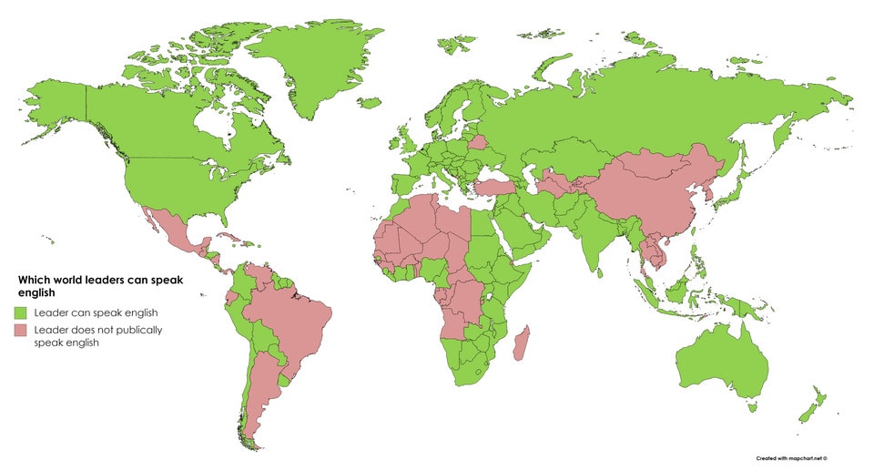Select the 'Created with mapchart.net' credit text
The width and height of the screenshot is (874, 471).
coord(797,457)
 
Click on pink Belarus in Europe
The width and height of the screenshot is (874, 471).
coord(477,143)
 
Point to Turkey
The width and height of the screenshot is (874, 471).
coord(492,186)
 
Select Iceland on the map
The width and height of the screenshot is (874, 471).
coord(369,103)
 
